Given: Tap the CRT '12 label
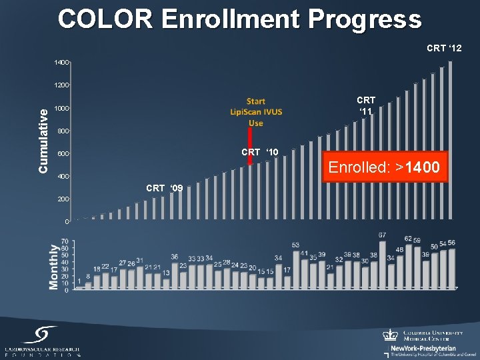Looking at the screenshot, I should (444, 48).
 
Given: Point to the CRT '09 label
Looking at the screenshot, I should (164, 187).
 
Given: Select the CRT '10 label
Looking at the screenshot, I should (260, 153).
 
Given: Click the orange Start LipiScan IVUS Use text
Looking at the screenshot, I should (255, 112).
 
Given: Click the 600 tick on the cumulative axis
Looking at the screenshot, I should (62, 154).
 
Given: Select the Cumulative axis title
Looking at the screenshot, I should (43, 141).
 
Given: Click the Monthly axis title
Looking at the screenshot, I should (54, 267).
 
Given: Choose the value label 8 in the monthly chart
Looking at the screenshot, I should (88, 277).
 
